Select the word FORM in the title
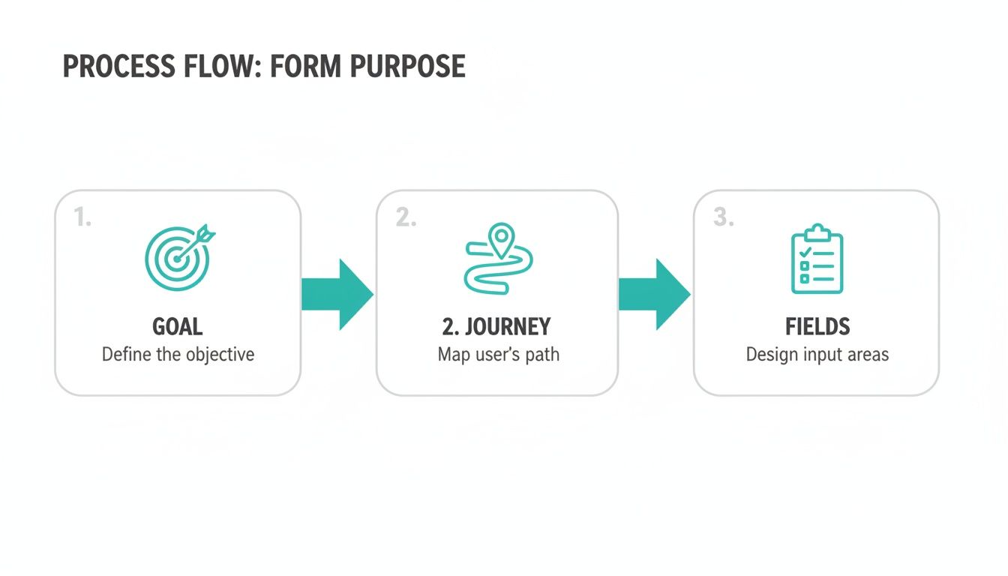303,67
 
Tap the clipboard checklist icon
817,259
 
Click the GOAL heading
178,327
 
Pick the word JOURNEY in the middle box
508,327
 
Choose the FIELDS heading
817,327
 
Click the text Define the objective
178,354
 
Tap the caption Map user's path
498,354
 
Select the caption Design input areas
817,354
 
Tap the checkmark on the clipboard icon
805,253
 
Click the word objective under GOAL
219,354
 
